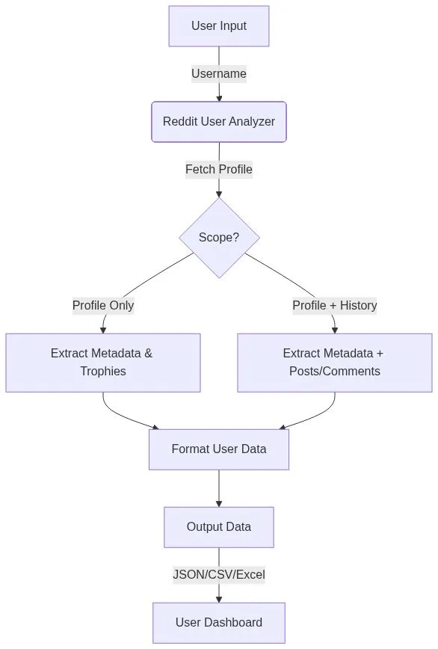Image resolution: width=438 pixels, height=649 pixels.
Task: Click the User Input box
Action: coord(218,26)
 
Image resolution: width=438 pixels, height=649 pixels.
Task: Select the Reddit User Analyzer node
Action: coord(218,122)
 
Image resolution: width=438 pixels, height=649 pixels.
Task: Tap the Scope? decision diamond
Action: coord(219,238)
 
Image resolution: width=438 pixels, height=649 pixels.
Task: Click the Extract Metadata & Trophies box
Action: coord(102,363)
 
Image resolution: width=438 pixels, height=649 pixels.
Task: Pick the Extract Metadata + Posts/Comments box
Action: coord(334,363)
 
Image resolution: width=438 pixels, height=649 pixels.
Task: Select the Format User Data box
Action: coord(218,449)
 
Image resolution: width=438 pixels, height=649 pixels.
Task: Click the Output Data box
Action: coord(218,527)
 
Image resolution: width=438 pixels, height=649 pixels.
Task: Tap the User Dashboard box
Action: coord(218,623)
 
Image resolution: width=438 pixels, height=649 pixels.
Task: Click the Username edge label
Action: coord(218,74)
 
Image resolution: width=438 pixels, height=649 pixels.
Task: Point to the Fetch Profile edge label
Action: coord(218,170)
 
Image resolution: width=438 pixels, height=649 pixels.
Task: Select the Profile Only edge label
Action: coord(103,305)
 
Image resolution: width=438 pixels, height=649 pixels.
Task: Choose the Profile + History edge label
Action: coord(334,305)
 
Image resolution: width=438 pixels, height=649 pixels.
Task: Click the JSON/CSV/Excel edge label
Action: coord(218,575)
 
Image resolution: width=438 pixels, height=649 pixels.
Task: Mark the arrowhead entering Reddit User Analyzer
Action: coord(219,97)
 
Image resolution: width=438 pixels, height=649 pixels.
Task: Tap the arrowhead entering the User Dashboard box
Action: coord(219,598)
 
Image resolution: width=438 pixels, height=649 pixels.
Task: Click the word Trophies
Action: coord(102,372)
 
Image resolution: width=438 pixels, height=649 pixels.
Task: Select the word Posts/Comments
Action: coord(334,372)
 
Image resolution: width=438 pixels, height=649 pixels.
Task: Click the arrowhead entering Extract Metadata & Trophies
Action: coord(103,329)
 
